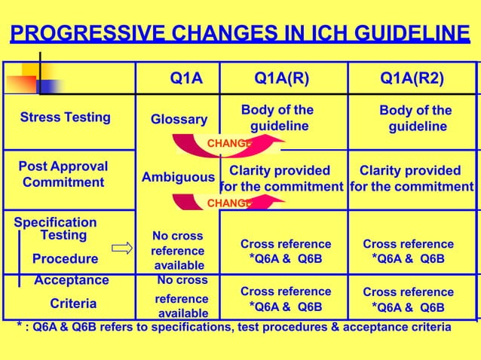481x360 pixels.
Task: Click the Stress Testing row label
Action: pos(65,117)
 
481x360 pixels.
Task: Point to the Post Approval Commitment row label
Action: pos(63,175)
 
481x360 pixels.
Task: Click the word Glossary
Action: pos(179,120)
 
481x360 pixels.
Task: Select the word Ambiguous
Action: pos(179,178)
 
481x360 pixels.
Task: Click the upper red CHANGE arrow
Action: pos(226,143)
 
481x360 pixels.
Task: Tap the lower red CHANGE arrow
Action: pos(226,203)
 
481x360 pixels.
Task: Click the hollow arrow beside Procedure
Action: pos(121,248)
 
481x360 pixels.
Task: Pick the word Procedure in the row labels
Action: pos(65,259)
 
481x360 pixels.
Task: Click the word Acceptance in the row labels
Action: pos(72,280)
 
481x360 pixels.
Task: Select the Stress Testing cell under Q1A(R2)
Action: pos(415,119)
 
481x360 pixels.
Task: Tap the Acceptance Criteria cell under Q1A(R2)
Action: pos(408,300)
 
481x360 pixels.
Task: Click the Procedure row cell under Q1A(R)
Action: pos(285,252)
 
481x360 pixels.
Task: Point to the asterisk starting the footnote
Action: pos(19,325)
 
